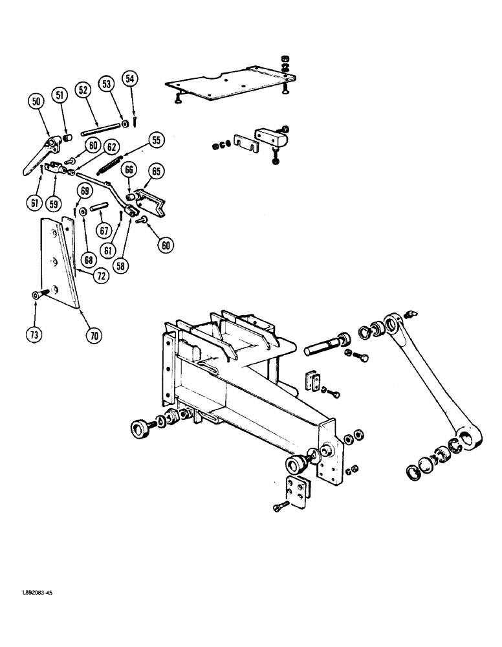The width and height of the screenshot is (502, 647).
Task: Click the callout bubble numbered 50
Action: pyautogui.click(x=36, y=101)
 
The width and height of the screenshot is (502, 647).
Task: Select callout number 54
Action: pyautogui.click(x=131, y=79)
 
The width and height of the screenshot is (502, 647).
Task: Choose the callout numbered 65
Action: pyautogui.click(x=155, y=171)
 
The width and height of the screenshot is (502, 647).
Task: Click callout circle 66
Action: pyautogui.click(x=129, y=170)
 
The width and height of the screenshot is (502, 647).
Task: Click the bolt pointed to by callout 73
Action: pyautogui.click(x=38, y=295)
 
